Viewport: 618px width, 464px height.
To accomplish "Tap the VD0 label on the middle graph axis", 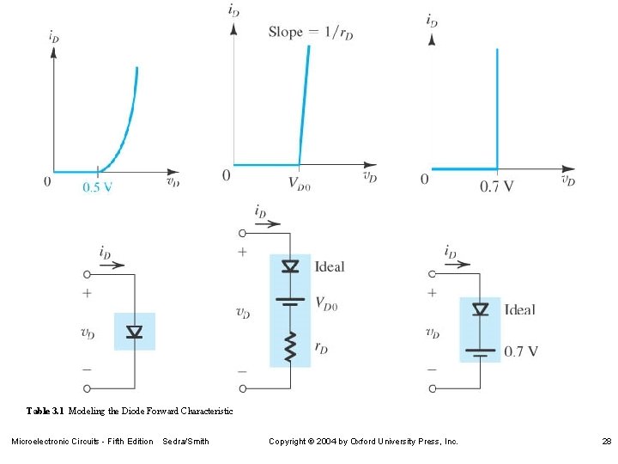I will pyautogui.click(x=300, y=182).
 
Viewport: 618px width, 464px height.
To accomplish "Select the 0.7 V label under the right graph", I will pyautogui.click(x=497, y=186).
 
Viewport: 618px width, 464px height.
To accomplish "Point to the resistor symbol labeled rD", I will pyautogui.click(x=290, y=347).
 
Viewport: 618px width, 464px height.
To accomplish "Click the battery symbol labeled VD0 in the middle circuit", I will pyautogui.click(x=290, y=302).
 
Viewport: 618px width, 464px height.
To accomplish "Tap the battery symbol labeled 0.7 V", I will pyautogui.click(x=481, y=351).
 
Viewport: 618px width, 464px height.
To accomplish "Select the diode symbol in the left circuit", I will pyautogui.click(x=135, y=332).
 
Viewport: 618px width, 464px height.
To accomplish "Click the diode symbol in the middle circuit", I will pyautogui.click(x=290, y=266).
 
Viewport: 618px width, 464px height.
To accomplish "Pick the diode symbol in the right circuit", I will pyautogui.click(x=481, y=309).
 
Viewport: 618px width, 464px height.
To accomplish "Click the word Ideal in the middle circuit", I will pyautogui.click(x=330, y=266).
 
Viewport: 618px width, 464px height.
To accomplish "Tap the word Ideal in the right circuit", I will pyautogui.click(x=519, y=309).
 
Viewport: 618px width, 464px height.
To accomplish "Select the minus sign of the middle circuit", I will pyautogui.click(x=242, y=370).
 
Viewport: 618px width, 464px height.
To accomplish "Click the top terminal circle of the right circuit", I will pyautogui.click(x=433, y=274).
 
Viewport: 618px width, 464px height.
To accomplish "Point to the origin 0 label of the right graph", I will pyautogui.click(x=424, y=179).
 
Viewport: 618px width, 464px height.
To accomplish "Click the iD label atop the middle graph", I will pyautogui.click(x=233, y=10).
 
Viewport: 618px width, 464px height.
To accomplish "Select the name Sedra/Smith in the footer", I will pyautogui.click(x=185, y=441).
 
